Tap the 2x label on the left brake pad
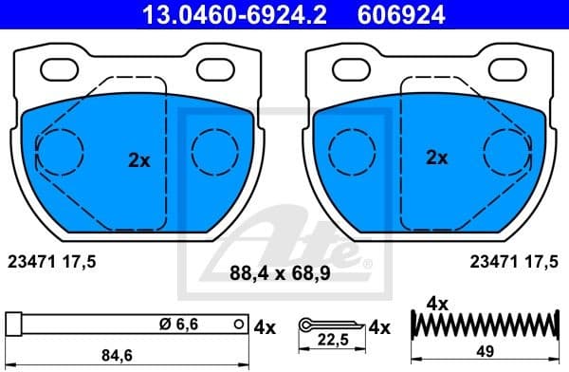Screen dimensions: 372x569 pyautogui.click(x=139, y=160)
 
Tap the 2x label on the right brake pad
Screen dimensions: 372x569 pyautogui.click(x=436, y=158)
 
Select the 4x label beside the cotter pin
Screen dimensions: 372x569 pyautogui.click(x=379, y=326)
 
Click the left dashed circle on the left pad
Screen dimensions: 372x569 pyautogui.click(x=59, y=149)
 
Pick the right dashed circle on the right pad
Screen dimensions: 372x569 pyautogui.click(x=508, y=149)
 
